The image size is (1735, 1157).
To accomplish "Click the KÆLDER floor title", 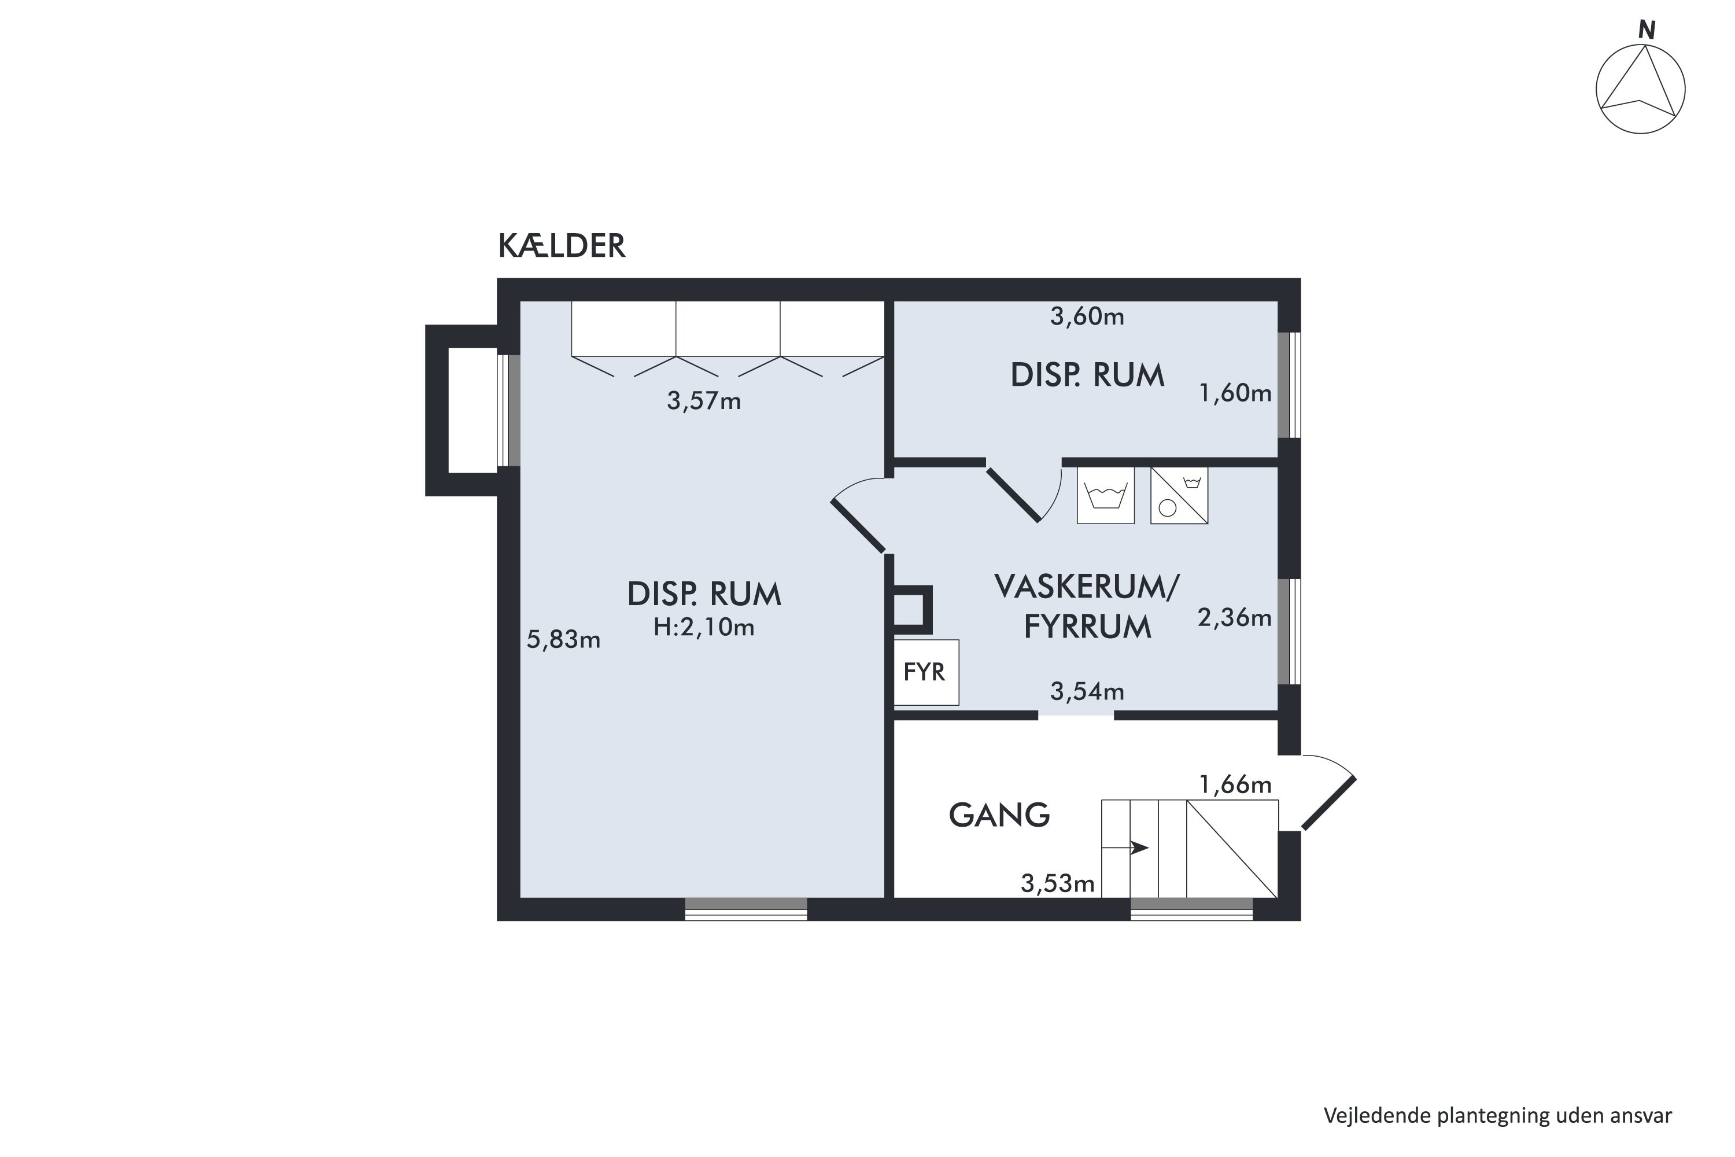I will [x=562, y=246].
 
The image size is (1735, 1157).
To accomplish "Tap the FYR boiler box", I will [x=926, y=672].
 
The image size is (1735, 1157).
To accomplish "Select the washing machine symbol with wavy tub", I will [x=1105, y=496].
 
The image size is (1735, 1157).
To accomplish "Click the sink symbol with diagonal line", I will [x=1179, y=496].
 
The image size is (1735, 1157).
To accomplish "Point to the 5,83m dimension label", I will [x=563, y=640].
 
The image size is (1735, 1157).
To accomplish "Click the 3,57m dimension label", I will [x=704, y=401].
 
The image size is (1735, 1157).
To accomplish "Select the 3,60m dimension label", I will [x=1087, y=316].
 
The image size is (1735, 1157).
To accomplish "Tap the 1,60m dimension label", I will [x=1235, y=393].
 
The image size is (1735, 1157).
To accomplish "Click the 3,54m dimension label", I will [x=1087, y=691].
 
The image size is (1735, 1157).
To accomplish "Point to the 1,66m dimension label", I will [x=1235, y=785].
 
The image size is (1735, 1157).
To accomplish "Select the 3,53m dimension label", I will [x=1057, y=883].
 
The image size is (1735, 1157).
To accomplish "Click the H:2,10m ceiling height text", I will [x=704, y=627].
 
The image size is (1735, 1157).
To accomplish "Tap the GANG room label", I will [x=999, y=815].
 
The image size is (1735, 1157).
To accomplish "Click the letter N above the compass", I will [x=1647, y=30].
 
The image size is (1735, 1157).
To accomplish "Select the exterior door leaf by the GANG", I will [x=1328, y=804].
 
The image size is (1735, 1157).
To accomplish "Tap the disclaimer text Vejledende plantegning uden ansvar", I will [x=1497, y=1115].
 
